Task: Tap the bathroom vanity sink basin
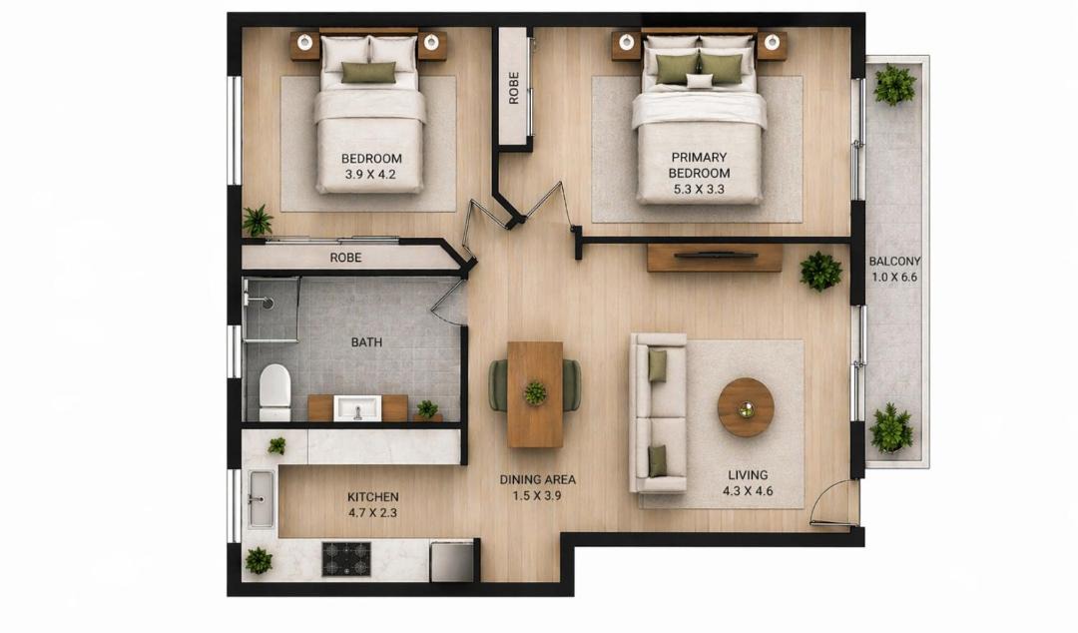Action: pos(357,408)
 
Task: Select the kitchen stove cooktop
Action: pos(346,559)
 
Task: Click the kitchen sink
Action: pos(261,499)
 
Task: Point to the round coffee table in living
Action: pos(746,407)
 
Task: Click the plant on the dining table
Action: pos(535,392)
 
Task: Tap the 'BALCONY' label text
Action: pos(894,262)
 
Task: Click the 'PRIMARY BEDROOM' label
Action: pos(699,165)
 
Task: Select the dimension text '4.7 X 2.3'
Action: pos(372,512)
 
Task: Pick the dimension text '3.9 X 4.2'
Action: pos(370,175)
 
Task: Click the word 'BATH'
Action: pos(366,341)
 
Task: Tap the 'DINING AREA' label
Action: pos(538,479)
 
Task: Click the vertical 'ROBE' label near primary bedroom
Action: pos(514,88)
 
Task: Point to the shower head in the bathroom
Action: pos(267,303)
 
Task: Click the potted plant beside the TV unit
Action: pos(820,271)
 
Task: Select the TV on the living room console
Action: pos(715,256)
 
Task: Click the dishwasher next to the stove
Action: pos(452,561)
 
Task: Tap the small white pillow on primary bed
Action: pos(700,81)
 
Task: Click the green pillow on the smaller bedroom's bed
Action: pos(368,72)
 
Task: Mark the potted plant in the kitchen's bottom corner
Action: pos(259,561)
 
